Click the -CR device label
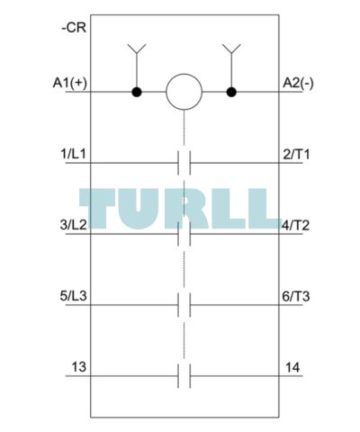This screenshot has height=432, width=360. tap(74, 28)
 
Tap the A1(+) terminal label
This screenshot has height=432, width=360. tap(70, 83)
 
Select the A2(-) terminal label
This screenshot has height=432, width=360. tap(298, 83)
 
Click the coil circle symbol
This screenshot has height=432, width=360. tap(184, 92)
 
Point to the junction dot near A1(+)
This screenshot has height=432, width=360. tap(137, 92)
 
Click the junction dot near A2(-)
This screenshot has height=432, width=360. tap(231, 92)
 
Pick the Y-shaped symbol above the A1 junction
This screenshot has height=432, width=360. tap(137, 49)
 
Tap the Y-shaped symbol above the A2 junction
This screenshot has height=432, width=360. tap(231, 49)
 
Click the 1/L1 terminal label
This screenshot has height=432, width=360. tap(73, 154)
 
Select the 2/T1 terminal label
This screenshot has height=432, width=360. tap(296, 154)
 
